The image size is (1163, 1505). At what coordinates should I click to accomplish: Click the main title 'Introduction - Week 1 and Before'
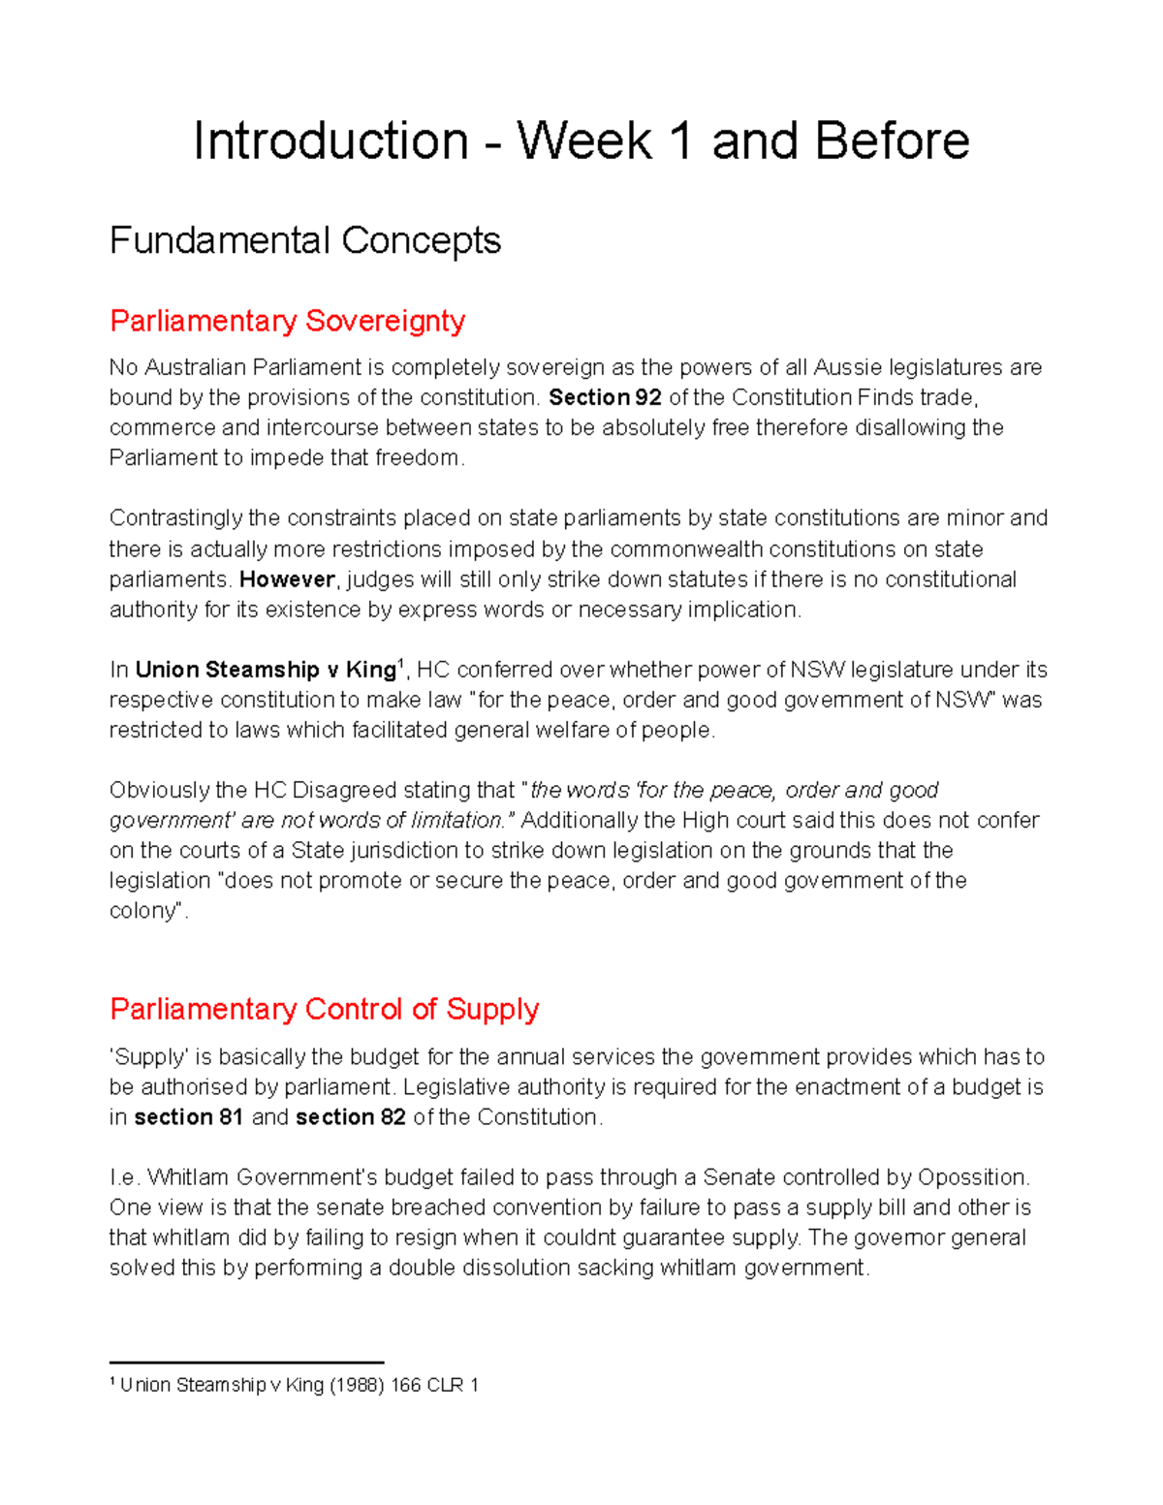[581, 141]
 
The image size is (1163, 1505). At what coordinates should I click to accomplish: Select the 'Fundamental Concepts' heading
[304, 240]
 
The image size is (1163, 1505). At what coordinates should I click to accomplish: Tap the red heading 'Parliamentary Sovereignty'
[287, 321]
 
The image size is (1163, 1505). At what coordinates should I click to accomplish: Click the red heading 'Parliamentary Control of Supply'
[324, 1009]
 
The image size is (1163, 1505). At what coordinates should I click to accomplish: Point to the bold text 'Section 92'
[605, 397]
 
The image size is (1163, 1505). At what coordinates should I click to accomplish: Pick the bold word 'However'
[287, 580]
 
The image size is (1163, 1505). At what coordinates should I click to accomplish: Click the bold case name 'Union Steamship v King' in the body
[265, 670]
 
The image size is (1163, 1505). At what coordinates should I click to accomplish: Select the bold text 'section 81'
[188, 1117]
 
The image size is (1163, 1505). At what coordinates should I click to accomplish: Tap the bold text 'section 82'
[350, 1117]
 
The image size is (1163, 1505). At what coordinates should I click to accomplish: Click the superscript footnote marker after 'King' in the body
[400, 662]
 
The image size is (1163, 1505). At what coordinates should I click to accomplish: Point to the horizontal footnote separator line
[246, 1363]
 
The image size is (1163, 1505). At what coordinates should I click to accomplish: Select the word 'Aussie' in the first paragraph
[847, 367]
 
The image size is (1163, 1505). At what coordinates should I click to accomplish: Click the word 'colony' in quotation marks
[144, 911]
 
